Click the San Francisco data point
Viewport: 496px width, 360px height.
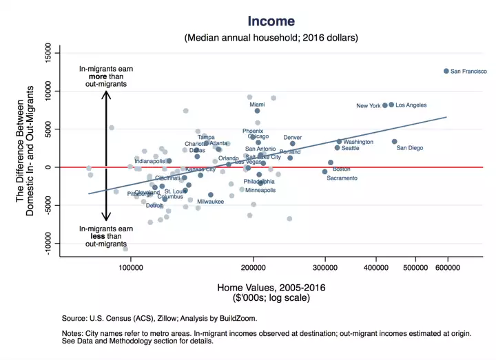446,71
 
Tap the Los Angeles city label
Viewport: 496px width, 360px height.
411,105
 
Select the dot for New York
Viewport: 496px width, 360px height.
385,105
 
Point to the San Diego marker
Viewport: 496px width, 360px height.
395,142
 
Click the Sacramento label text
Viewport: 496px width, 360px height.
342,178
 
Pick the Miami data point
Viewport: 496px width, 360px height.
257,111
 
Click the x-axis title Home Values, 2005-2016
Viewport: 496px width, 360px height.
271,287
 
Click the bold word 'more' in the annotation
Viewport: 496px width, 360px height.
106,76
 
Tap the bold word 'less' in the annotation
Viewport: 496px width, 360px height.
106,236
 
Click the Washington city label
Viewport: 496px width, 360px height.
358,142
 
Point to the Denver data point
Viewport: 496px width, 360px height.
292,144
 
